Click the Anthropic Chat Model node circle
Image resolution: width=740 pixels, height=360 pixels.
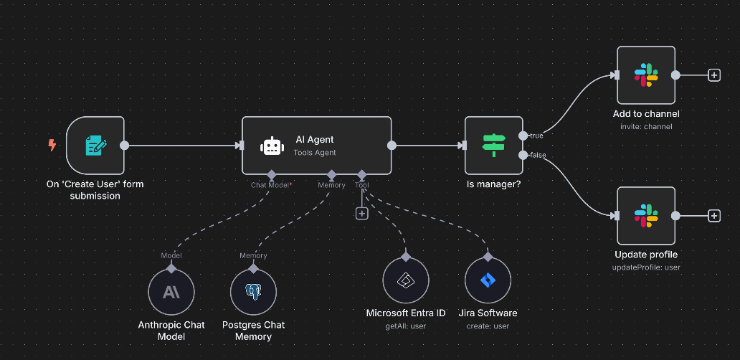coord(171,293)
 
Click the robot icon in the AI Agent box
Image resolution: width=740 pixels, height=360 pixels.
coord(271,146)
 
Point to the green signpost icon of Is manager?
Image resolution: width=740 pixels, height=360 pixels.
coord(493,146)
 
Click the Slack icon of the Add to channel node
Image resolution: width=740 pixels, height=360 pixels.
coord(646,75)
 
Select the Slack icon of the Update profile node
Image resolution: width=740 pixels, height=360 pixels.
coord(646,216)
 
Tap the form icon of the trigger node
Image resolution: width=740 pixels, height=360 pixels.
coord(96,146)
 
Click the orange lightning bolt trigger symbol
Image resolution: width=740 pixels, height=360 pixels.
coord(52,146)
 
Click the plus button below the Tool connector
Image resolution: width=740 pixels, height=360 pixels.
coord(361,213)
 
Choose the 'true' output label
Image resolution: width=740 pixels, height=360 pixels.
coord(536,136)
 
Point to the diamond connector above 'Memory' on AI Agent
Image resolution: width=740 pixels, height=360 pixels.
coord(331,174)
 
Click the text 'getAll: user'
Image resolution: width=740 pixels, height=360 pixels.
coord(405,326)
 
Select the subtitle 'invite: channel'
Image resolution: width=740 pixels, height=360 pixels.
coord(646,127)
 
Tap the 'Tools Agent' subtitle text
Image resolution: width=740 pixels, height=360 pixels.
coord(315,153)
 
